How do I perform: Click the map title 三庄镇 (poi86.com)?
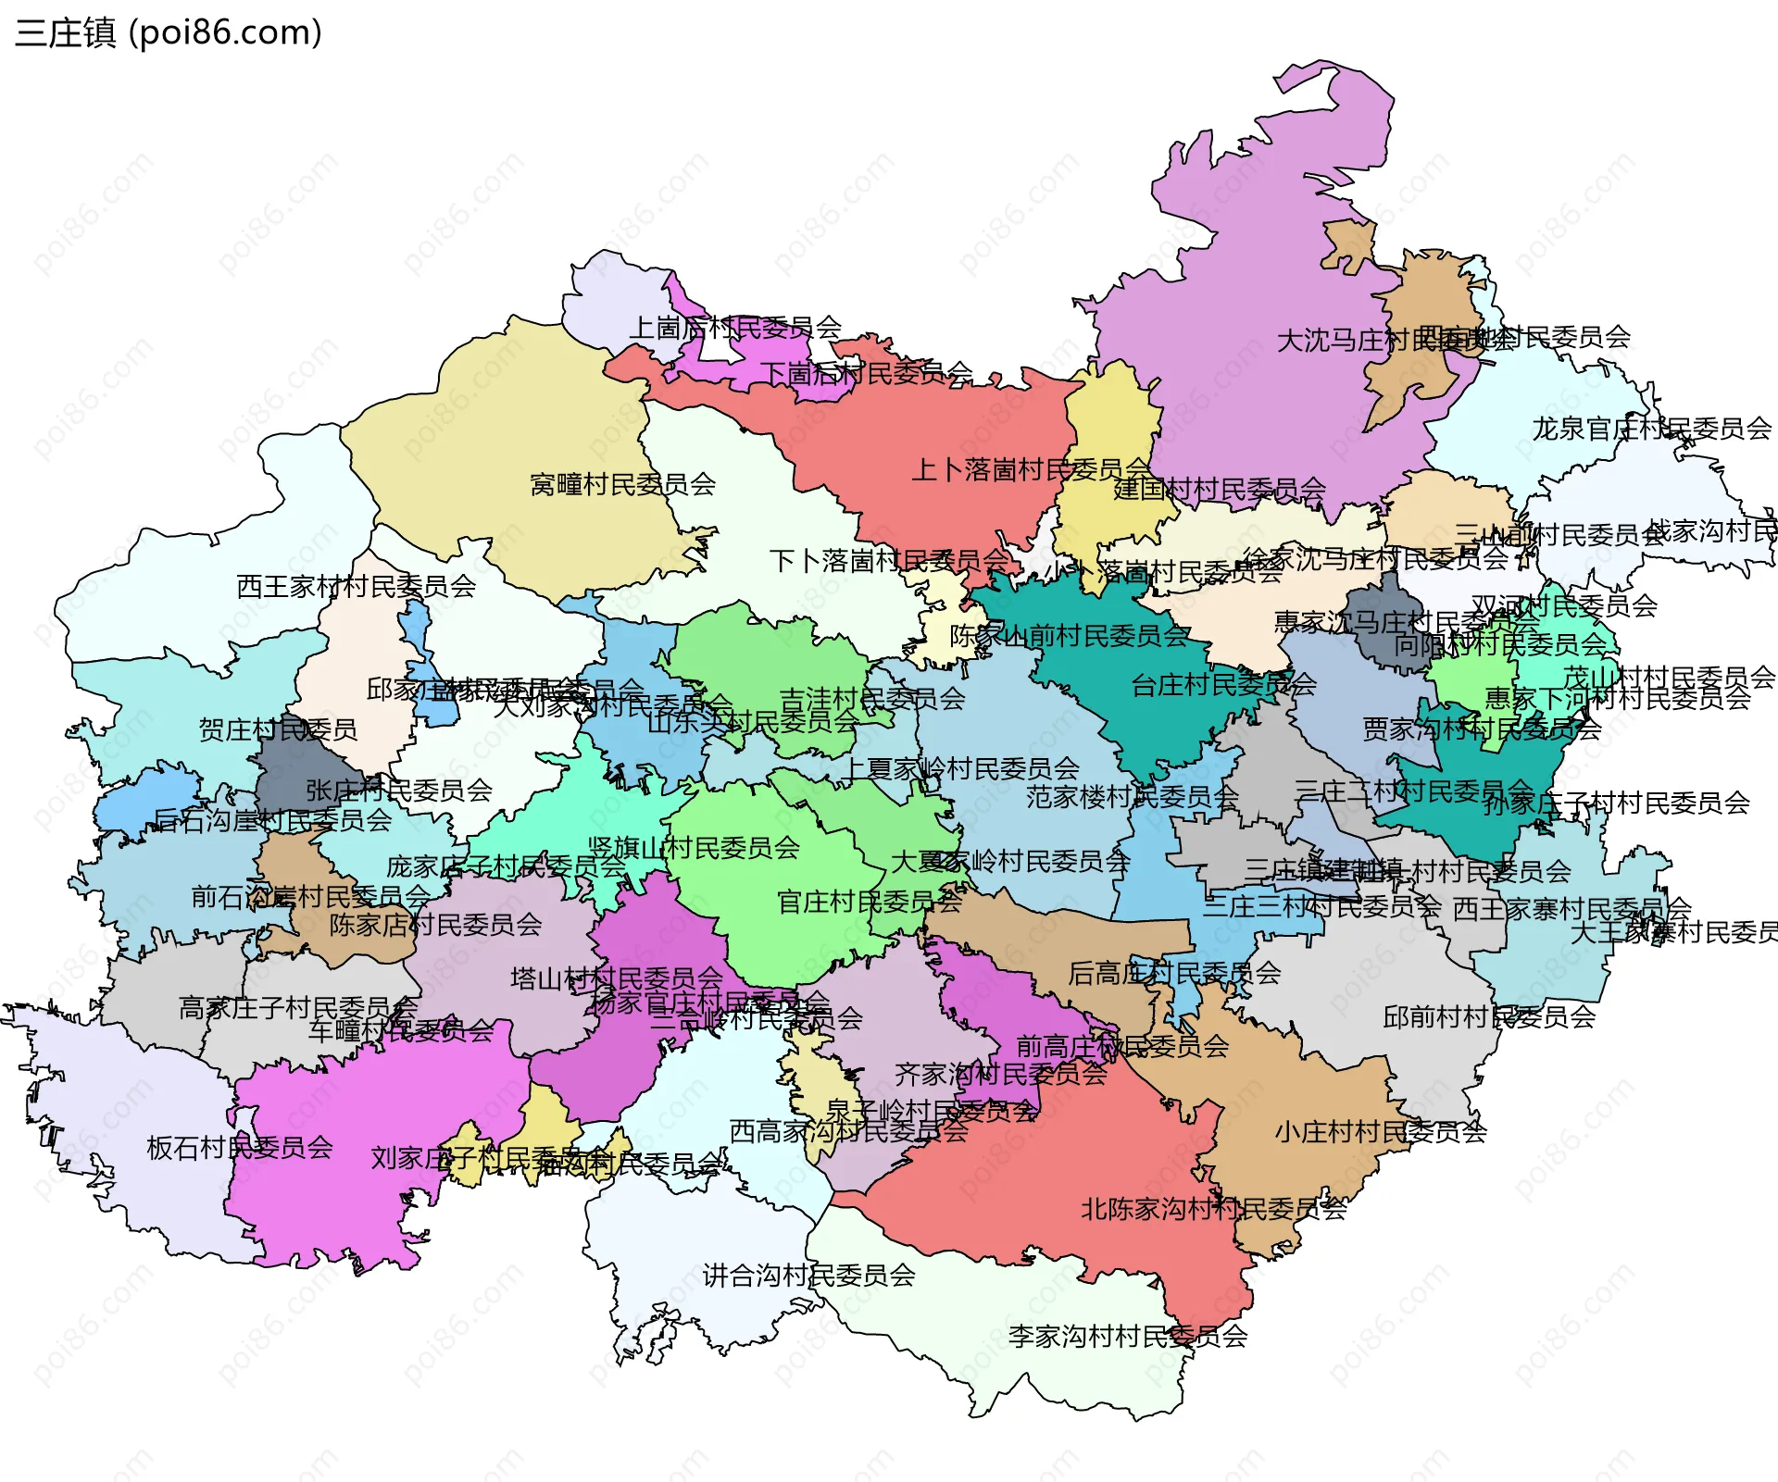pyautogui.click(x=168, y=32)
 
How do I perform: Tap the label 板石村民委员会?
pyautogui.click(x=240, y=1148)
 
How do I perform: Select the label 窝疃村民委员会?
pyautogui.click(x=622, y=484)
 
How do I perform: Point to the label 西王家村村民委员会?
pyautogui.click(x=356, y=586)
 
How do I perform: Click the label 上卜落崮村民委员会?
pyautogui.click(x=1030, y=470)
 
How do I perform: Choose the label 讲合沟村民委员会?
pyautogui.click(x=808, y=1276)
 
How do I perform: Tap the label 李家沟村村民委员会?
pyautogui.click(x=1127, y=1336)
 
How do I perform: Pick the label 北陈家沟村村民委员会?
pyautogui.click(x=1213, y=1209)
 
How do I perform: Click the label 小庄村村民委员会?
pyautogui.click(x=1380, y=1132)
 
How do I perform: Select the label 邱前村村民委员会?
pyautogui.click(x=1488, y=1017)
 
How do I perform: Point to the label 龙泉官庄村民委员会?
pyautogui.click(x=1651, y=429)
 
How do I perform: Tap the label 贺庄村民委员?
pyautogui.click(x=278, y=729)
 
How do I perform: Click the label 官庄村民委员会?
pyautogui.click(x=869, y=902)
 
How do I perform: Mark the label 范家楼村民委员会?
pyautogui.click(x=1132, y=796)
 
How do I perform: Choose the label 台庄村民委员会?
pyautogui.click(x=1223, y=685)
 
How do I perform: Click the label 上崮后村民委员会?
pyautogui.click(x=735, y=327)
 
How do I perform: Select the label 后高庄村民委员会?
pyautogui.click(x=1174, y=973)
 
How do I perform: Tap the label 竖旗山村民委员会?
pyautogui.click(x=694, y=848)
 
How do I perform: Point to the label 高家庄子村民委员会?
pyautogui.click(x=297, y=1007)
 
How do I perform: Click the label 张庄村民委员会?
pyautogui.click(x=398, y=791)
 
